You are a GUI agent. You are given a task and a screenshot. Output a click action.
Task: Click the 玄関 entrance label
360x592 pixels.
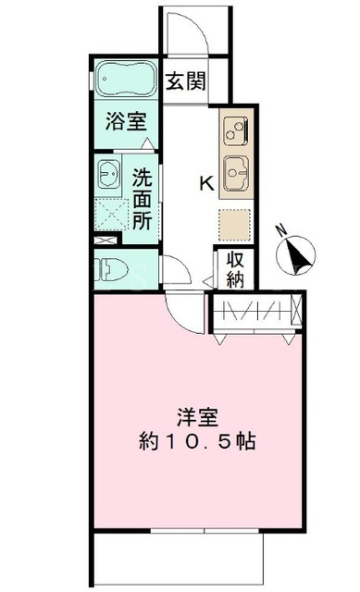pos(186,81)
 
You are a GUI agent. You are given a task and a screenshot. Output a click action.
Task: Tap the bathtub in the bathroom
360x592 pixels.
pos(125,80)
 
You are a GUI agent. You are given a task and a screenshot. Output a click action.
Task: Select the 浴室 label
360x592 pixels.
pos(126,121)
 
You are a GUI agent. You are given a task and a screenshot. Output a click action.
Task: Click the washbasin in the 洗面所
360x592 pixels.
pos(109,173)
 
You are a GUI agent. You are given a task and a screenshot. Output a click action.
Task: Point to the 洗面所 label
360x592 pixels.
pos(142,199)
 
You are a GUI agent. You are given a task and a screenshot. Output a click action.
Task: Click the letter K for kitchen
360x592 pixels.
pos(206,184)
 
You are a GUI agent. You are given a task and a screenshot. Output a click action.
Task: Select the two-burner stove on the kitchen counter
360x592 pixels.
pos(236,131)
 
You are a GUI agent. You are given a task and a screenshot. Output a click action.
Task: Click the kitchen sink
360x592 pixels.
pos(236,173)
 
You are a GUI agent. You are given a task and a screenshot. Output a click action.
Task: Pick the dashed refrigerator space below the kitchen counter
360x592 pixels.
pos(235,225)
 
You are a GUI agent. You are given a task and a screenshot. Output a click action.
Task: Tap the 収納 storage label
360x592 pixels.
pos(235,269)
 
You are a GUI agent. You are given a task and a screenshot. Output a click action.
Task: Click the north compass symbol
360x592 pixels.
pos(295,255)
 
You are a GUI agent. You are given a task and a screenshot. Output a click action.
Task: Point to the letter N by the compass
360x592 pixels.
pos(280,230)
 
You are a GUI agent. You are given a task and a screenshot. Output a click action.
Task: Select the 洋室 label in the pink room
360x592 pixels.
pos(197,417)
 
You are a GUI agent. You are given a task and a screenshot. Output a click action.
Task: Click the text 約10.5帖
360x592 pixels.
pos(197,440)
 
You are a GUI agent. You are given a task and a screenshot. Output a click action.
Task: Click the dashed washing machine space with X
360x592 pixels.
pos(111,215)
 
